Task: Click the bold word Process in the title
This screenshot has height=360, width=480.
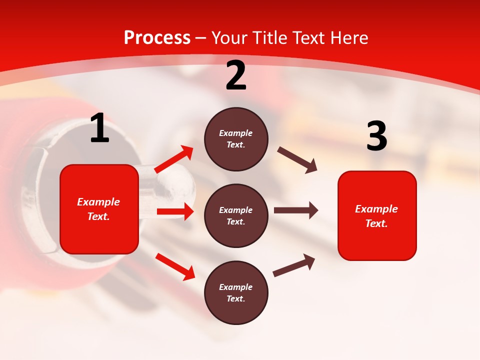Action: point(157,38)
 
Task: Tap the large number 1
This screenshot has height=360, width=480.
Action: point(99,128)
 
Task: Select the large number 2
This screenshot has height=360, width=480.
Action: point(236,75)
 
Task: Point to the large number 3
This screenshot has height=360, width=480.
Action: point(376,136)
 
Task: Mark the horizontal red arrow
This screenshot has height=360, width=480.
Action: point(175,211)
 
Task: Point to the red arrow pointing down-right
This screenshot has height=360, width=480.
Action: point(175,266)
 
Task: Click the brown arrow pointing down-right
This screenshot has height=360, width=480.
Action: point(297,159)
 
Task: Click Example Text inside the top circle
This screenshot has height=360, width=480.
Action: point(236,139)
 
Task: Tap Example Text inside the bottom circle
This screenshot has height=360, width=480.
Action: point(236,293)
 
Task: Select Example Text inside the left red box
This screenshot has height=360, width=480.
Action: point(99,209)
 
